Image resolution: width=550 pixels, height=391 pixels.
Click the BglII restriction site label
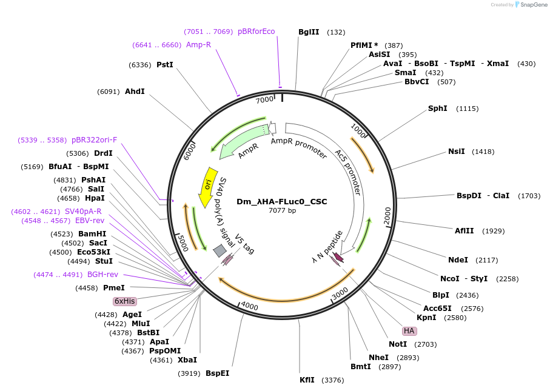pyautogui.click(x=309, y=32)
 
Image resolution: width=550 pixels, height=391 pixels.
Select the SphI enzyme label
pyautogui.click(x=437, y=109)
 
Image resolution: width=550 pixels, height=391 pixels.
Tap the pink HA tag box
pyautogui.click(x=409, y=331)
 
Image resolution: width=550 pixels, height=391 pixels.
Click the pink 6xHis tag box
pyautogui.click(x=125, y=301)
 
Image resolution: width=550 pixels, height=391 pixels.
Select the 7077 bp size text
pyautogui.click(x=282, y=210)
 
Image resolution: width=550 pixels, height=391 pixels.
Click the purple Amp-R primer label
pyautogui.click(x=198, y=45)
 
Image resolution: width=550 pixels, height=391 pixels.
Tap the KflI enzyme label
pyautogui.click(x=307, y=380)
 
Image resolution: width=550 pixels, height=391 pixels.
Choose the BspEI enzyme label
pyautogui.click(x=217, y=373)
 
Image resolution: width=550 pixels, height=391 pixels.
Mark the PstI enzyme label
pyautogui.click(x=164, y=64)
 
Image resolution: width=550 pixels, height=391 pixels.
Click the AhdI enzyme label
pyautogui.click(x=135, y=92)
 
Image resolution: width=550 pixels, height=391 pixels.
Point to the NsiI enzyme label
pyautogui.click(x=457, y=152)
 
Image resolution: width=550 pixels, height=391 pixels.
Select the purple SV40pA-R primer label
pyautogui.click(x=83, y=212)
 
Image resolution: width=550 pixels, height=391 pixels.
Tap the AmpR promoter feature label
pyautogui.click(x=298, y=150)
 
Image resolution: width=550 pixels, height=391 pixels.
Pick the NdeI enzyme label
pyautogui.click(x=458, y=260)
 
